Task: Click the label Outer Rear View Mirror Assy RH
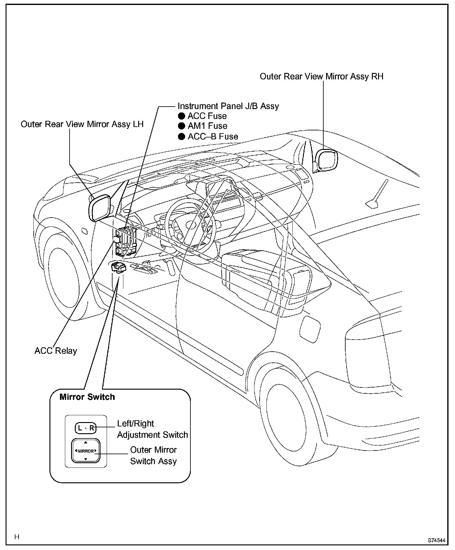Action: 321,76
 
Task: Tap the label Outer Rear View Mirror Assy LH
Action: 82,124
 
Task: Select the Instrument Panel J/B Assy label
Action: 228,106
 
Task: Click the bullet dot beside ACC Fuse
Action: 181,116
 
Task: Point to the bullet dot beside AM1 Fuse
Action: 181,126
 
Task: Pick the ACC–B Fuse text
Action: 213,137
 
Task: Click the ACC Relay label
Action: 56,351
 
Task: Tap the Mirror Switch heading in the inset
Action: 87,397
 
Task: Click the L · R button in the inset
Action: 86,428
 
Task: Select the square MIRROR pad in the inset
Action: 86,451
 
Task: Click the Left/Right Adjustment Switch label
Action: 152,429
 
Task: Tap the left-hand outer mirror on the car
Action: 100,208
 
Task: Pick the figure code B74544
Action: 436,540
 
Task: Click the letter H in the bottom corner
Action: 17,537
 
